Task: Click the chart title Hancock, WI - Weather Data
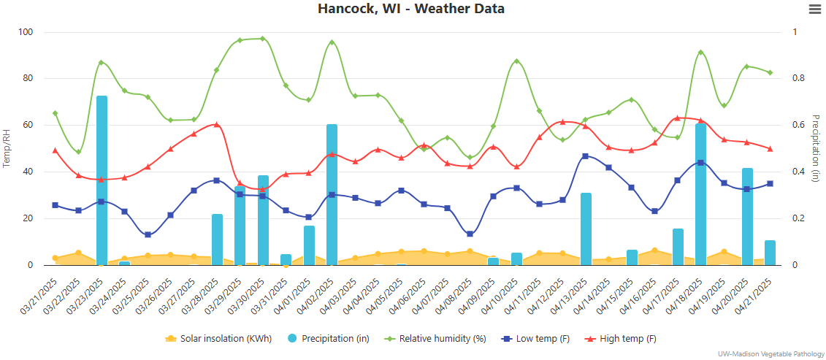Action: pos(411,9)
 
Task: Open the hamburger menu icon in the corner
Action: pos(815,9)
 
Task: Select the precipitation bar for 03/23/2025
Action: pos(102,180)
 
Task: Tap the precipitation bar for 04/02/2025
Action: pos(332,194)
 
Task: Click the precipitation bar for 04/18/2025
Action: pos(700,194)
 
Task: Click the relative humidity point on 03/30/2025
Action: pos(262,39)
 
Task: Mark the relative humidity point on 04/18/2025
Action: pos(700,53)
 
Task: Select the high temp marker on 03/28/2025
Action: pos(217,125)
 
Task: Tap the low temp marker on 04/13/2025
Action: pos(585,156)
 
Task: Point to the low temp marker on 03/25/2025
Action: pos(148,234)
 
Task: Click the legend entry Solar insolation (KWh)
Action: pos(219,339)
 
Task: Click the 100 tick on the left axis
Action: pos(26,32)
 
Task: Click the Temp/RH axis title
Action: pos(7,148)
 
